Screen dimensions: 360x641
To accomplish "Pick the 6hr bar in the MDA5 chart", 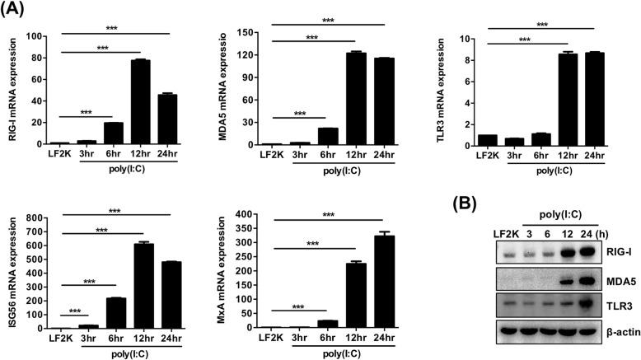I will pyautogui.click(x=327, y=136).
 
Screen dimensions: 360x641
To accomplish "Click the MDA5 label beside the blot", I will pyautogui.click(x=609, y=281).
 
